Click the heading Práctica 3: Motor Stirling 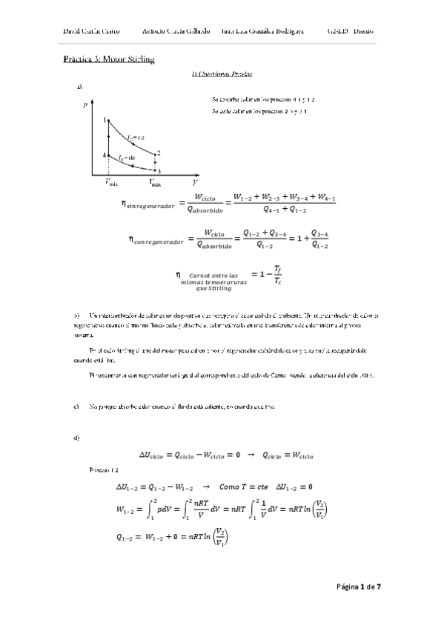point(109,59)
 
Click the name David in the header point(73,33)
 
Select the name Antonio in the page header point(153,33)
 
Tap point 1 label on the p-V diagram point(105,119)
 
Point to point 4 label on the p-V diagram point(105,155)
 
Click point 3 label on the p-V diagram point(159,171)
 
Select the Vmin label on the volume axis point(111,182)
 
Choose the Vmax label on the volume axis point(155,181)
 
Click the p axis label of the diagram point(85,104)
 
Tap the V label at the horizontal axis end point(194,181)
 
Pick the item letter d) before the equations point(76,438)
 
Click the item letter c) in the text point(76,407)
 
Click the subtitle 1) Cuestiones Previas point(222,74)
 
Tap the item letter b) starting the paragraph point(76,315)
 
